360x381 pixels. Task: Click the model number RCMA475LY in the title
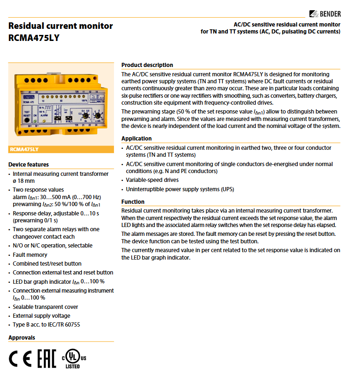(34, 38)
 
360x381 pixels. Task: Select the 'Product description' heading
(147, 65)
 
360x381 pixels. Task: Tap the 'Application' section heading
(136, 139)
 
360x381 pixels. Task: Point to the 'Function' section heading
(133, 202)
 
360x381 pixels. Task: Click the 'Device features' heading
(28, 165)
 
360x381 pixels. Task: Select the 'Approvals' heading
(21, 338)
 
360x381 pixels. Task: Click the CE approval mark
(20, 358)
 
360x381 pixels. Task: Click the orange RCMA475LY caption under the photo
(24, 149)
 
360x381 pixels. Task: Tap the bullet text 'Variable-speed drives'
(152, 180)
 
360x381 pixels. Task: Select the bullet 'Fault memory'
(30, 255)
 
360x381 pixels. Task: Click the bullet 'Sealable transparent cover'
(45, 307)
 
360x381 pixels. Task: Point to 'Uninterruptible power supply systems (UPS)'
(180, 189)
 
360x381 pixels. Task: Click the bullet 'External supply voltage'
(41, 316)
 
